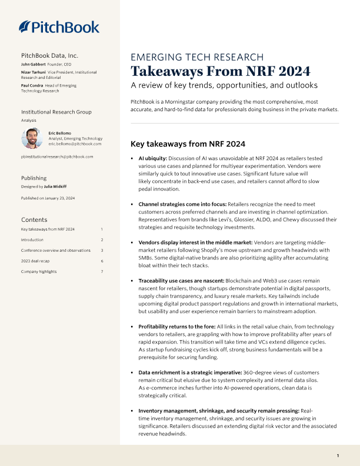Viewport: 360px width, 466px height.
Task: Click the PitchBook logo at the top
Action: pyautogui.click(x=59, y=26)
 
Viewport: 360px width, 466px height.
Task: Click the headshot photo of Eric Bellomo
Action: pyautogui.click(x=31, y=138)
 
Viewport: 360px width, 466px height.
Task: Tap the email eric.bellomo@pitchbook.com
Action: pyautogui.click(x=75, y=144)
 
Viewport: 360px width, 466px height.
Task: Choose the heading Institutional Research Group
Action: pyautogui.click(x=56, y=112)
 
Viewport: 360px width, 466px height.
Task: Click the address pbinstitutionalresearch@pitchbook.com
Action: pyautogui.click(x=56, y=157)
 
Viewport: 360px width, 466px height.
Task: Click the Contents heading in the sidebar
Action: pyautogui.click(x=34, y=219)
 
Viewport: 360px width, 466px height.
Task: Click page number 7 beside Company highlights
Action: pyautogui.click(x=102, y=271)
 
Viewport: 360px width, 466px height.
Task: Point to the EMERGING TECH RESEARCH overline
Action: pyautogui.click(x=196, y=57)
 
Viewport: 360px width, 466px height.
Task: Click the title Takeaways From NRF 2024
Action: pyautogui.click(x=220, y=72)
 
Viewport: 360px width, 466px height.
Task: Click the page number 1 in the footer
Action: pyautogui.click(x=338, y=456)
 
